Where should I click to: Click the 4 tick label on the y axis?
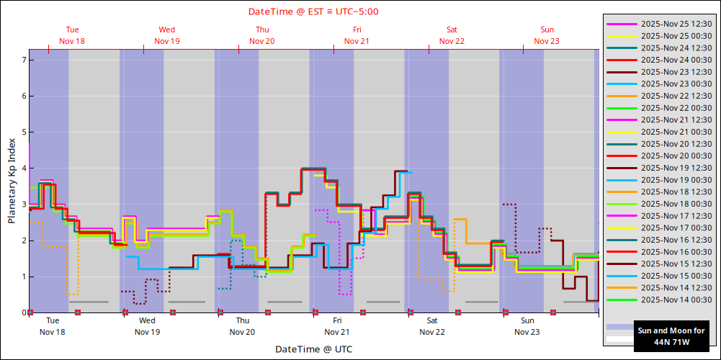tap(24, 168)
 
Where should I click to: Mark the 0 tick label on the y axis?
tap(24, 312)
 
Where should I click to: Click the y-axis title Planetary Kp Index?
tap(12, 180)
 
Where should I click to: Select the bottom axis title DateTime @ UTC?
tap(313, 349)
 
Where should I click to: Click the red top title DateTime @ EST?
tap(313, 12)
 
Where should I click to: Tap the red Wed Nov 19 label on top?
tap(167, 35)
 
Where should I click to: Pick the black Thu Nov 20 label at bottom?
tap(242, 326)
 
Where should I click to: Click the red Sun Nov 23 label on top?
tap(547, 35)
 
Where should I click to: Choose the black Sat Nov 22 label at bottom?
tap(432, 326)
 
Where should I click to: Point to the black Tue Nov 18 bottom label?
tap(52, 326)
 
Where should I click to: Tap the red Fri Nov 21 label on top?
tap(357, 35)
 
